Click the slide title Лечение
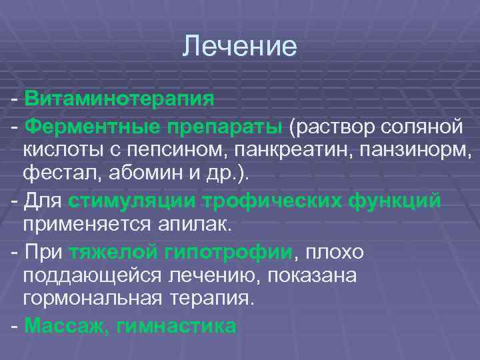[240, 47]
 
